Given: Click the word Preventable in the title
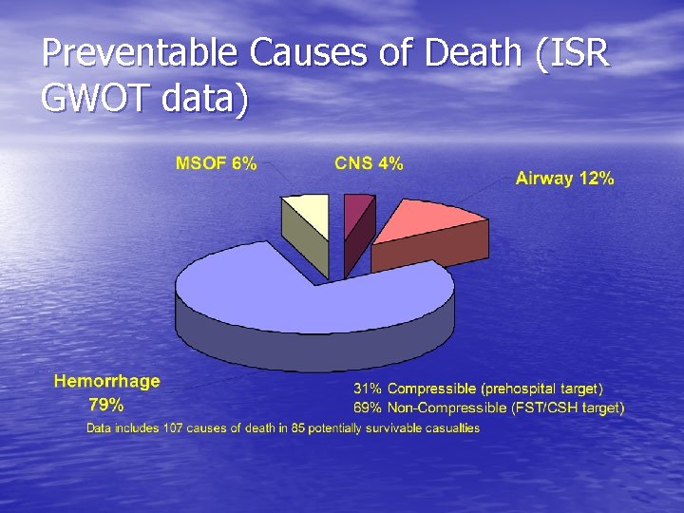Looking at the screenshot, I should click(141, 54).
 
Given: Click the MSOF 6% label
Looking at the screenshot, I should click(216, 163).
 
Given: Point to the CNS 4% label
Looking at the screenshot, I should click(369, 163).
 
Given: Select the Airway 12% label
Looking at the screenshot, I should click(564, 178).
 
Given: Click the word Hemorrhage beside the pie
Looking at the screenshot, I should click(107, 382).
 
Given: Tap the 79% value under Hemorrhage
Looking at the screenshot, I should click(105, 404).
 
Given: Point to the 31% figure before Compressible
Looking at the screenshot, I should click(368, 389).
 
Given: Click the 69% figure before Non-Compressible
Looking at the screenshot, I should click(368, 408).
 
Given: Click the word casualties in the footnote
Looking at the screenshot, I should click(452, 428).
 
